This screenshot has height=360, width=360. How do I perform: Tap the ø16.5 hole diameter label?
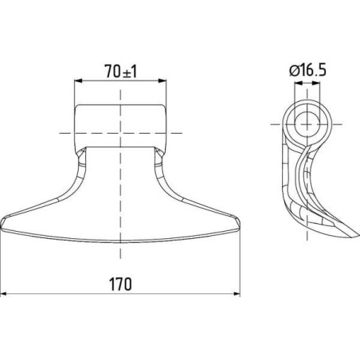[x=308, y=71]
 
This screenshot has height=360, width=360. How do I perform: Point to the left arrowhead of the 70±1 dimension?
[x=77, y=80]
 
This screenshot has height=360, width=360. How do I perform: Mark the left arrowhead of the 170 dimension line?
[x=4, y=294]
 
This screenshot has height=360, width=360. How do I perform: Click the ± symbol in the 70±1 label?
[x=122, y=70]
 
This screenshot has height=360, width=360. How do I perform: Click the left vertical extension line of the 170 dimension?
[x=2, y=263]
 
